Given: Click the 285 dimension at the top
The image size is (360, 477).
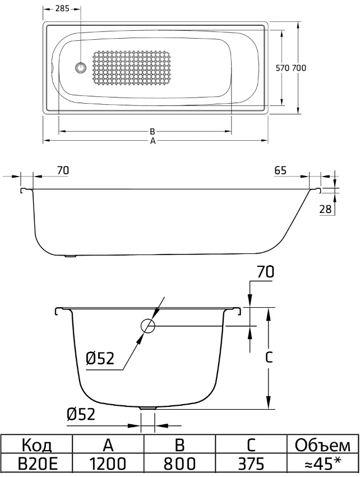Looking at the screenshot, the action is [x=62, y=8].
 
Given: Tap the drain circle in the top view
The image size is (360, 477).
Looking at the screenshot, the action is [x=81, y=67].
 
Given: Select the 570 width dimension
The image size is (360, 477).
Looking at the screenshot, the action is [x=283, y=68].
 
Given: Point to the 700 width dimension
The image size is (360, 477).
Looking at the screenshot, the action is [x=299, y=68].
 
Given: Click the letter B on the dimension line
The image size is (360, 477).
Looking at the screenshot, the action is [x=153, y=131].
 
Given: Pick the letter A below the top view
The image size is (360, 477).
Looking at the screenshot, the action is [x=153, y=141].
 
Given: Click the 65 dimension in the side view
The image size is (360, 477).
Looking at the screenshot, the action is [x=280, y=170].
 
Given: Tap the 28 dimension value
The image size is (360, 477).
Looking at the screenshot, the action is [x=325, y=209].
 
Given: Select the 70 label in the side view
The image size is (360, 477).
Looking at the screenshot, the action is [x=63, y=170].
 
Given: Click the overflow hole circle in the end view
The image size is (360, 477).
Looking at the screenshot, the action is [x=148, y=326].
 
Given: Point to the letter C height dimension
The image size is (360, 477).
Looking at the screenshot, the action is [x=269, y=358].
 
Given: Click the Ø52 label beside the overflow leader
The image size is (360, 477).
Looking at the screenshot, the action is [x=100, y=359].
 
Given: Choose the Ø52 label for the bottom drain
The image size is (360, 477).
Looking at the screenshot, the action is [x=81, y=414].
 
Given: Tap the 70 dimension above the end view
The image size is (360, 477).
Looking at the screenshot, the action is [x=266, y=272].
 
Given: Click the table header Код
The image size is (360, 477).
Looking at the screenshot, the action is [x=37, y=446].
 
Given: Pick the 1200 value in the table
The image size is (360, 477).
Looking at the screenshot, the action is [x=108, y=464].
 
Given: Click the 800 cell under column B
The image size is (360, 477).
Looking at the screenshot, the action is [x=179, y=464].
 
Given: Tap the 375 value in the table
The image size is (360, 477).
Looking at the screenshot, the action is [x=251, y=464].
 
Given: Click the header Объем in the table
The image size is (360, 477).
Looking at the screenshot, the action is [x=322, y=446].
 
